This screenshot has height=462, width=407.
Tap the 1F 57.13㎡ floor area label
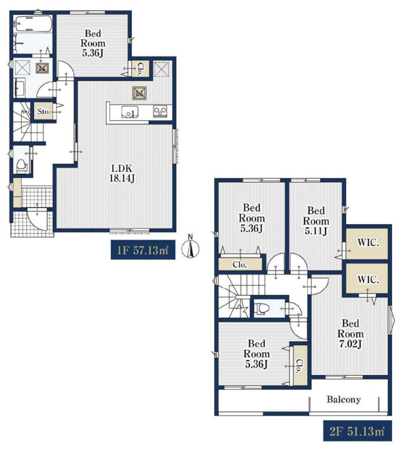pyautogui.click(x=143, y=250)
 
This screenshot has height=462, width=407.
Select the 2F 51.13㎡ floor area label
pyautogui.click(x=357, y=431)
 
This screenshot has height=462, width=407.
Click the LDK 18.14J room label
pyautogui.click(x=122, y=173)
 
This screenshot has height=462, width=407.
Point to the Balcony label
pyautogui.click(x=344, y=399)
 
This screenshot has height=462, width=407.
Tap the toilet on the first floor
pyautogui.click(x=21, y=166)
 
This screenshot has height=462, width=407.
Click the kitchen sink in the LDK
pyautogui.click(x=130, y=112)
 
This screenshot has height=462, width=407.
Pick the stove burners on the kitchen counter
pyautogui.click(x=160, y=111)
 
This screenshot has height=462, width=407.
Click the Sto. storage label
pyautogui.click(x=43, y=111)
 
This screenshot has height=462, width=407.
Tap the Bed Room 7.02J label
pyautogui.click(x=351, y=334)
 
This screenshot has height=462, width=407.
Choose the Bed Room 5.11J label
pyautogui.click(x=316, y=221)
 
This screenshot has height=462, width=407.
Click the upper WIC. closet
pyautogui.click(x=367, y=244)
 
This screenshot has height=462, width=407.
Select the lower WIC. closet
pyautogui.click(x=367, y=279)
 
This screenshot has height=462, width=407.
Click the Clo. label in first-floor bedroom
pyautogui.click(x=141, y=69)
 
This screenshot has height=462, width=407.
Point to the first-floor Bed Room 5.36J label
pyautogui.click(x=93, y=43)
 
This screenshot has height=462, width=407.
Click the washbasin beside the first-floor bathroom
pyautogui.click(x=20, y=87)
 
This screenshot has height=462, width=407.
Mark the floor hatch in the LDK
pyautogui.click(x=139, y=93)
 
